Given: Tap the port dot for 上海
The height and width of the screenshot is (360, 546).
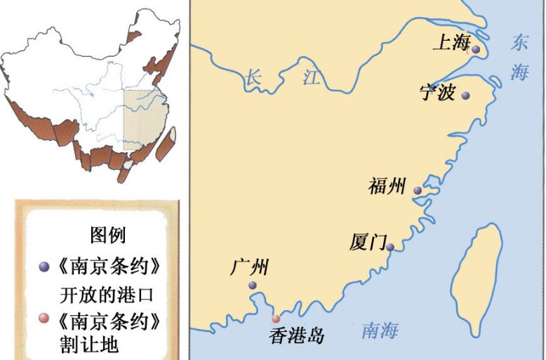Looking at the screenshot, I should [x=476, y=50].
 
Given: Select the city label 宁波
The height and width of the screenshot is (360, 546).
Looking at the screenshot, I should [x=438, y=92].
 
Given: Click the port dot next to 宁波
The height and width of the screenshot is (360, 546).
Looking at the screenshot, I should [x=465, y=96].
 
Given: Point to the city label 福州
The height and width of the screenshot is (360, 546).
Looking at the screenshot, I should [x=387, y=187].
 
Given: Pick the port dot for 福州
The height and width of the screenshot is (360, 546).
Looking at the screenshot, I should [x=418, y=190].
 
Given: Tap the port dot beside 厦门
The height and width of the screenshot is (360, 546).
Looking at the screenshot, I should [x=390, y=247].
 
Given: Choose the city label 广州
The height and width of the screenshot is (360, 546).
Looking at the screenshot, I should [x=249, y=267].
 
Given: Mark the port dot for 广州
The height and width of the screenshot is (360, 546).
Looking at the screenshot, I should [x=253, y=286].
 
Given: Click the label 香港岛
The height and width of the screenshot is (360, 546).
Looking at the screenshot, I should [x=296, y=336].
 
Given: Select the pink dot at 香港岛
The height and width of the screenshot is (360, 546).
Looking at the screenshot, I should [x=276, y=319].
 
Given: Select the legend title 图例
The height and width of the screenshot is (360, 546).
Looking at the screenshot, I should [x=107, y=235].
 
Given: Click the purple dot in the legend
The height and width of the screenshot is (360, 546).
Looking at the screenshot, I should [x=44, y=267].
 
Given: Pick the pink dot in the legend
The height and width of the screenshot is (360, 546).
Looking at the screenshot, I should [x=44, y=318].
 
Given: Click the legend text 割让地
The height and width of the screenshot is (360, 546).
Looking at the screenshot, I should [x=89, y=345].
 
